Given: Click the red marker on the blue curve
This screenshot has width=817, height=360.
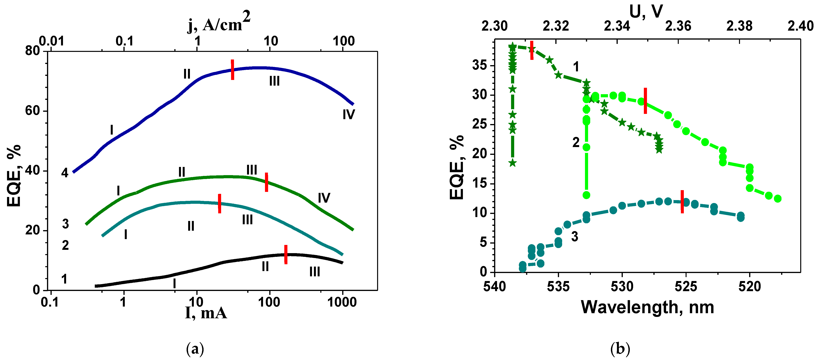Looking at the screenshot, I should coord(232,69).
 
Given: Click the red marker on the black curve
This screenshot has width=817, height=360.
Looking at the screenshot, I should coord(286,254).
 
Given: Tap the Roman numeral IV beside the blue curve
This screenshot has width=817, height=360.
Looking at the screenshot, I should coord(349,114).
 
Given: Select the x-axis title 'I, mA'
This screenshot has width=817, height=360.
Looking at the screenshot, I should coord(206,313).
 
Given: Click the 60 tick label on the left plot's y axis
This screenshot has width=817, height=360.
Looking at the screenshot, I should coord(32,111).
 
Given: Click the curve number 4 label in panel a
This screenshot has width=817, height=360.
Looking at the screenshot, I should coord(65,173).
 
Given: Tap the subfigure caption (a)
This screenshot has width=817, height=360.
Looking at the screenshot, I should coord(195,349).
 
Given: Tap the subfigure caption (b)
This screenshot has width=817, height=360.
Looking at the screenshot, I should coord(620,349).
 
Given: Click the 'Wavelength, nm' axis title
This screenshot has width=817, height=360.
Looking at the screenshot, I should coord(647,307).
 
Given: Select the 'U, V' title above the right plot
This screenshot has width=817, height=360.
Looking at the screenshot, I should coord(646,12).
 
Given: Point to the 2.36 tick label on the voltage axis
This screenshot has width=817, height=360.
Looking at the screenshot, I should coord(678,26).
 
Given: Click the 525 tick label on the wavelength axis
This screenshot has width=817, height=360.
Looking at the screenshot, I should coord(686,287).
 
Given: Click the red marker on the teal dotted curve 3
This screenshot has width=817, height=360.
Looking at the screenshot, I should coord(682,201).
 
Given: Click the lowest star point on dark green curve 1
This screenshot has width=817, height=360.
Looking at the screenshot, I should coord(513,163).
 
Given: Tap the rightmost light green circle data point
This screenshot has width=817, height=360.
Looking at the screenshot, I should coord(778,199).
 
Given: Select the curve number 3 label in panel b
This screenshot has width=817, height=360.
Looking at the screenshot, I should coord(575,237).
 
